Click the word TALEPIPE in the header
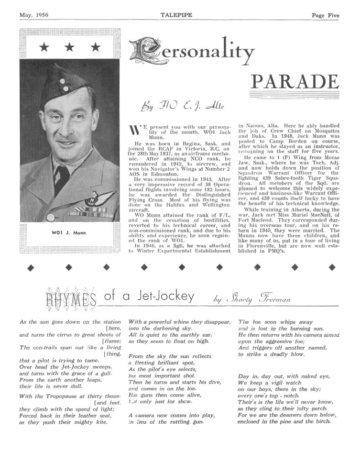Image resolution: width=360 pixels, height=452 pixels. click(x=179, y=15)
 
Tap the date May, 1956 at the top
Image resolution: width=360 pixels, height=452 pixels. click(x=35, y=15)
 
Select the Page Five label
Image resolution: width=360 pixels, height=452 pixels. click(x=325, y=15)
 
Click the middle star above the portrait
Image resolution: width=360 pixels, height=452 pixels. click(x=70, y=47)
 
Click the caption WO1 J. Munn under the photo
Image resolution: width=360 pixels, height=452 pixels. click(x=69, y=233)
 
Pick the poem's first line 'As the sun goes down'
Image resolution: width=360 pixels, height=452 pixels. click(x=60, y=322)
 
